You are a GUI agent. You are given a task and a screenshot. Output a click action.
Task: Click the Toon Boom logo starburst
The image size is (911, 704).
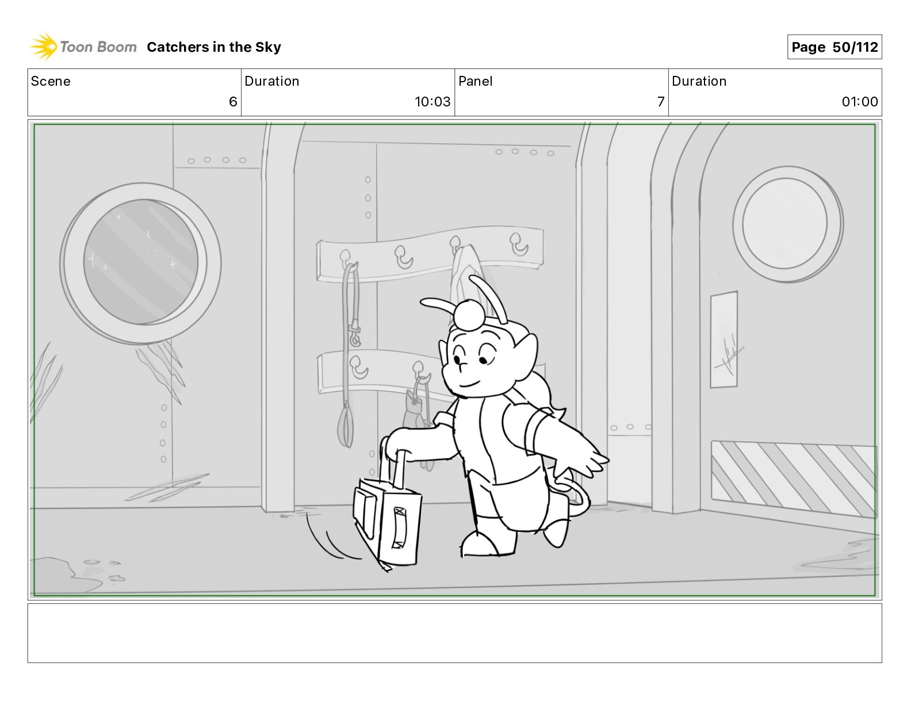[44, 47]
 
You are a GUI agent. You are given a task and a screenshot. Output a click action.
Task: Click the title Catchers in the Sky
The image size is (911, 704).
[214, 47]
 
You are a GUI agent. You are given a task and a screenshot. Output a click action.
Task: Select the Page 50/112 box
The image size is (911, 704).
[835, 47]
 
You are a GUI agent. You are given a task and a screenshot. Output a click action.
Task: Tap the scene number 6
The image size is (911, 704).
[233, 101]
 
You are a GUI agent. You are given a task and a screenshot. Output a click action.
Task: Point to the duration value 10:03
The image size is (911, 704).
[432, 101]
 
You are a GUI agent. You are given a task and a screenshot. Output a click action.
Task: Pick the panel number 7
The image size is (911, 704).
[661, 101]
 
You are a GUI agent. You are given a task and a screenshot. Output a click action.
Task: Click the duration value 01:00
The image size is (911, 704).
[859, 101]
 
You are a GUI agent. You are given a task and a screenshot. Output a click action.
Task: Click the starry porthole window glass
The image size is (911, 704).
[141, 262]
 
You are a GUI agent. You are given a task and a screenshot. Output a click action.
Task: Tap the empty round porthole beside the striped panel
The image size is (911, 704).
[788, 224]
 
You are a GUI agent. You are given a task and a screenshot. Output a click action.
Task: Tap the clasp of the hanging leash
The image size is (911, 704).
[354, 335]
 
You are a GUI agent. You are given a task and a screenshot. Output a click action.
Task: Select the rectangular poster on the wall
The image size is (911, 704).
[724, 339]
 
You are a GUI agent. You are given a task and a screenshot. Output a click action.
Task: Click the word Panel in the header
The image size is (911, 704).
[475, 81]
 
